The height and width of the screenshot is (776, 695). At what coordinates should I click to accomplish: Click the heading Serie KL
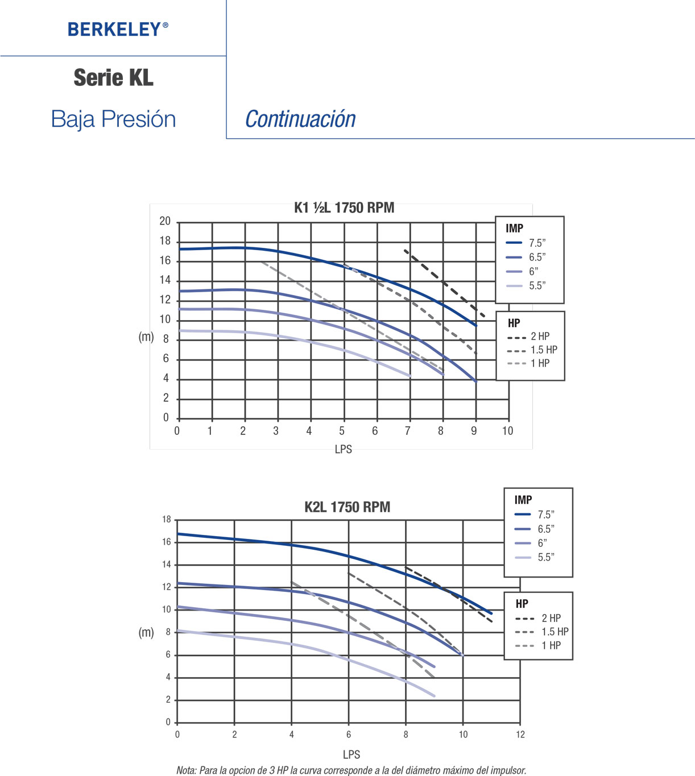click(114, 78)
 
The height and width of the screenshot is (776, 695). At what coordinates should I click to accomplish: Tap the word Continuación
click(300, 119)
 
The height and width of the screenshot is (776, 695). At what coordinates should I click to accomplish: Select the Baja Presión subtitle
click(113, 119)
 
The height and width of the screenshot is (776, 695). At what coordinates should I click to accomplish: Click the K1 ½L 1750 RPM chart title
click(344, 208)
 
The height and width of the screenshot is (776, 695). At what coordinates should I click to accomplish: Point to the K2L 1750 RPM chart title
click(347, 507)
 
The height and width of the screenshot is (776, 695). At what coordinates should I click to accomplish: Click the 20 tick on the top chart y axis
click(165, 221)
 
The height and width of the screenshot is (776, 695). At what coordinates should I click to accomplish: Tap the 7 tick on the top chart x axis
click(408, 431)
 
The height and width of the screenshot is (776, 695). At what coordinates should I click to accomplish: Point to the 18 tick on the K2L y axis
click(167, 520)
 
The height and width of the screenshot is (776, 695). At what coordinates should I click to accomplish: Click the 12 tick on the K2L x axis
click(520, 734)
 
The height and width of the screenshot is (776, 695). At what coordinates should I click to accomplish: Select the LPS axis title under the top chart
click(344, 449)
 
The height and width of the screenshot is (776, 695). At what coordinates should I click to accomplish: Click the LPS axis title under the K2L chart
click(351, 754)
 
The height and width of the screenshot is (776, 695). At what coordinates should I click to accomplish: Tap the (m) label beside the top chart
click(146, 337)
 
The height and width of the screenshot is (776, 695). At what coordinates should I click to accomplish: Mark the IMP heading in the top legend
click(514, 228)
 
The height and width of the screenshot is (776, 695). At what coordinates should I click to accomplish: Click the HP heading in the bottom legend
click(522, 604)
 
